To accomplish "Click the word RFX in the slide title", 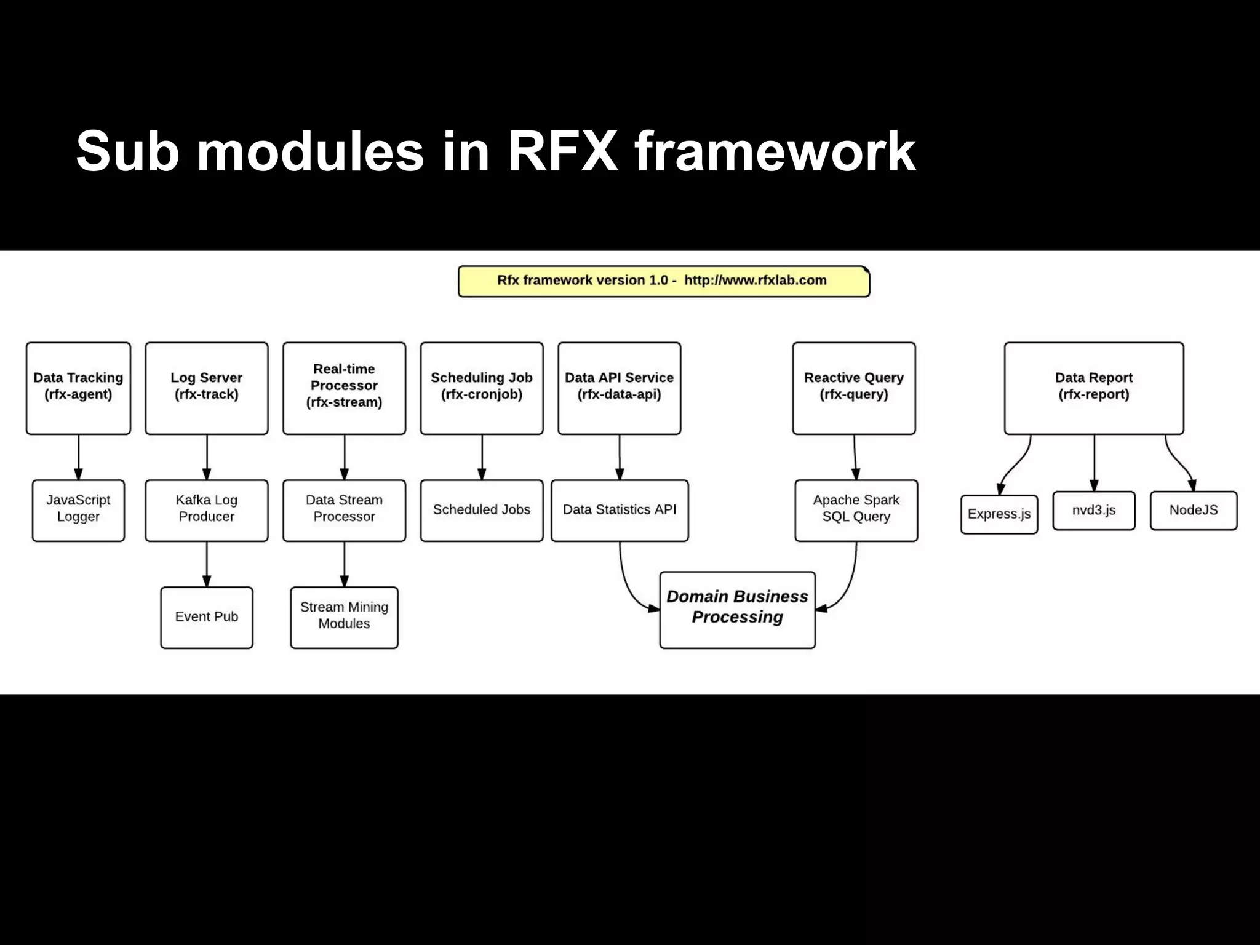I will point(562,151).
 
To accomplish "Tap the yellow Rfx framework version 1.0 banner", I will point(663,281).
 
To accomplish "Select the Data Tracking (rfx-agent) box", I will point(78,388).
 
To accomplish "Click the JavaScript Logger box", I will point(78,510).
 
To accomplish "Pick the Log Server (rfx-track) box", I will point(207,388).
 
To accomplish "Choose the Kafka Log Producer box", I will point(207,510).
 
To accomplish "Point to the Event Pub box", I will point(207,617).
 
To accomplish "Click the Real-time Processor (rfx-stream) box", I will point(344,388).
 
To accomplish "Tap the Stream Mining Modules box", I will point(344,617).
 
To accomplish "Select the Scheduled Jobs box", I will point(482,510).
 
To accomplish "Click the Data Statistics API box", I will point(620,510).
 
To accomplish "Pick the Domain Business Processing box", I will point(737,609).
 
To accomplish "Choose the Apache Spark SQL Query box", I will point(856,510).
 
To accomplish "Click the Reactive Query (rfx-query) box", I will point(854,388).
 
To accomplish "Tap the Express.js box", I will point(999,514).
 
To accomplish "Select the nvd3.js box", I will point(1093,510).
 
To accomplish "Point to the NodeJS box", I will point(1193,510).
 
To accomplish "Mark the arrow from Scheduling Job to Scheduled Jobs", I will point(482,457).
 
